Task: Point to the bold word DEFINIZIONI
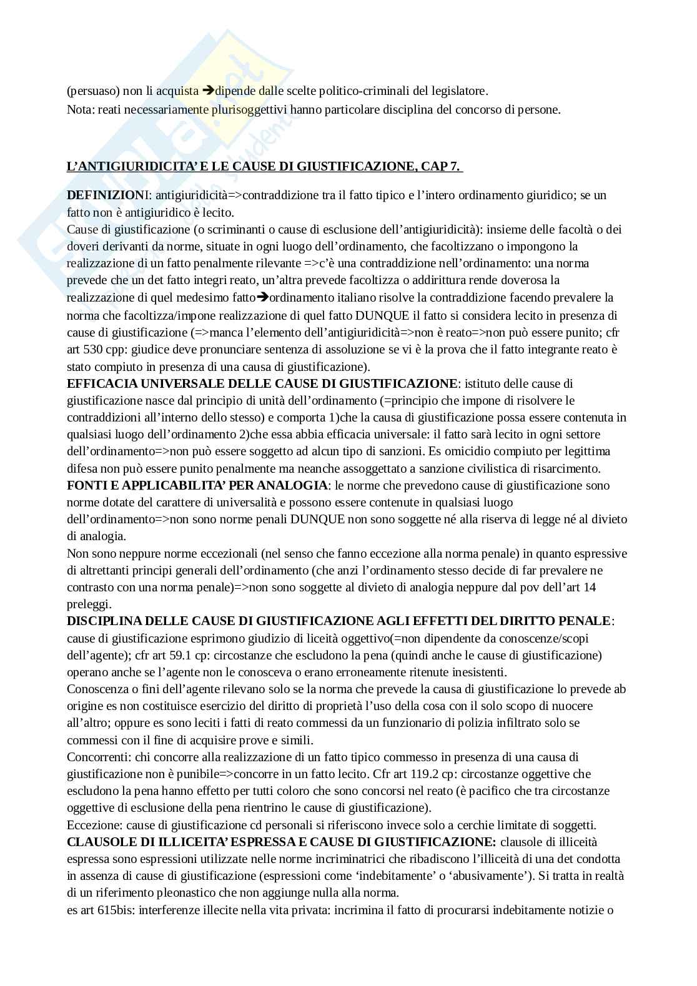click(105, 195)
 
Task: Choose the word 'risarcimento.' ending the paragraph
click(566, 468)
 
